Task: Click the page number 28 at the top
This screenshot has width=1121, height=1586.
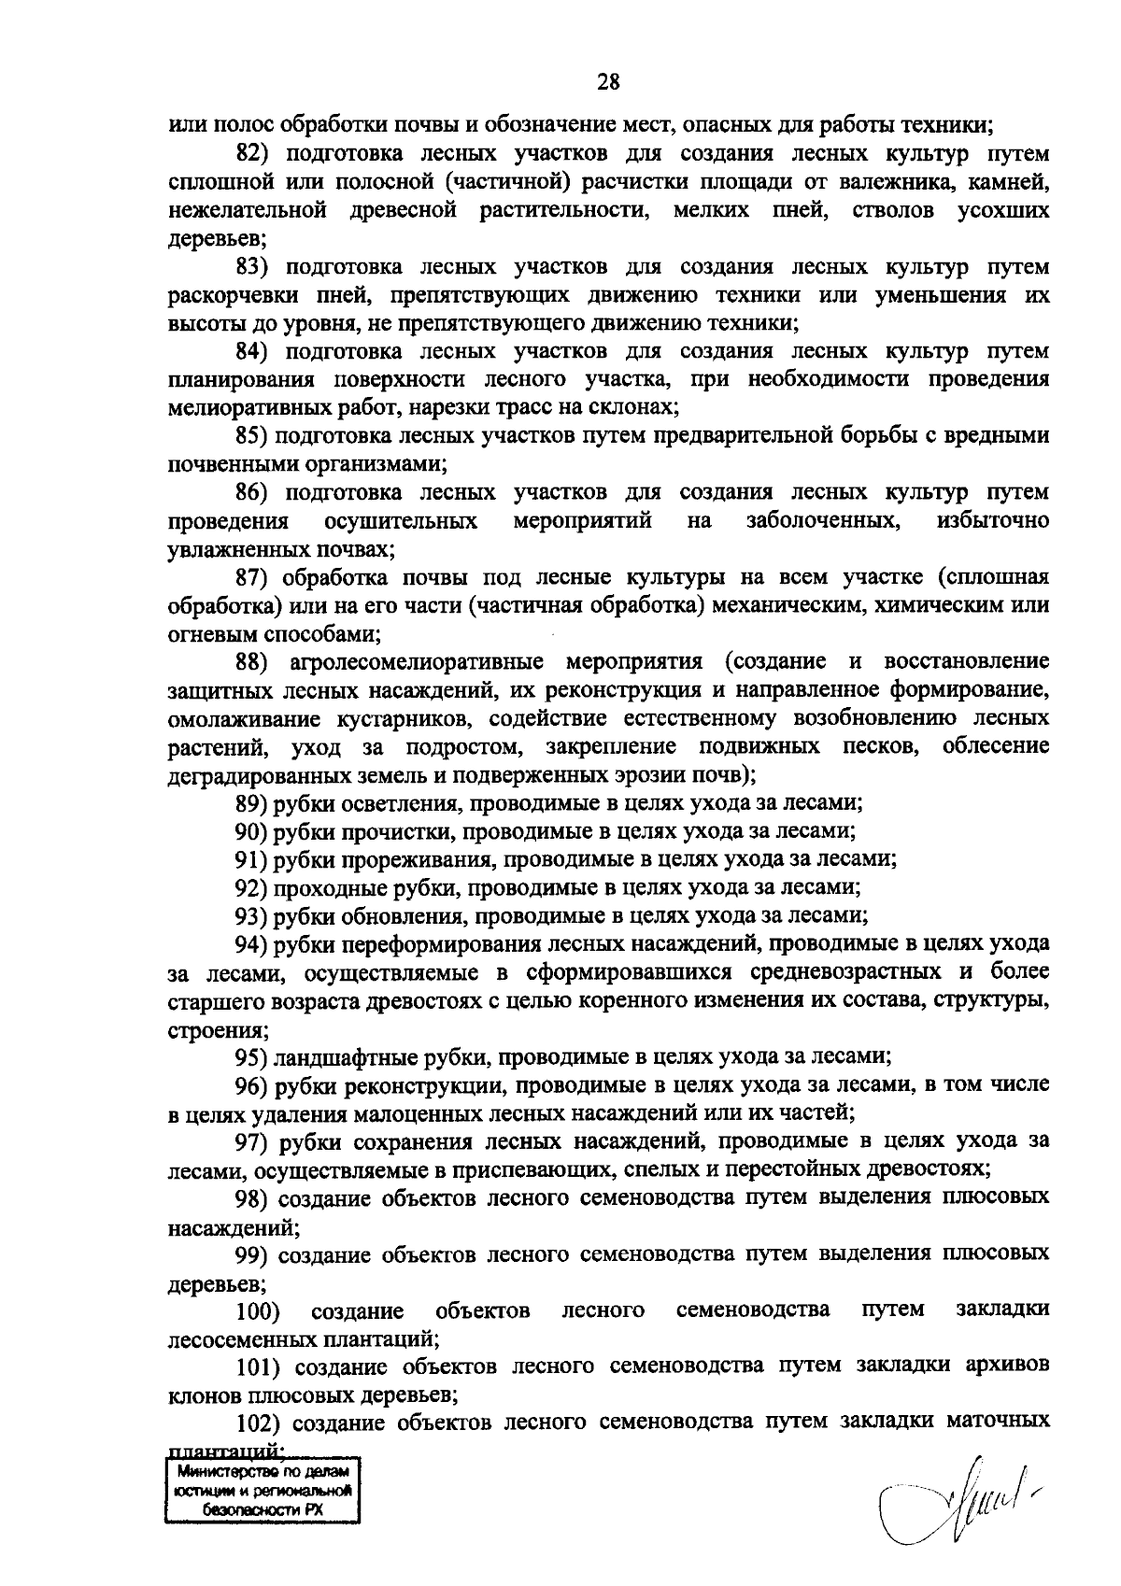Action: point(608,83)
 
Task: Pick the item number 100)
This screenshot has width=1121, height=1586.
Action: point(257,1310)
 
